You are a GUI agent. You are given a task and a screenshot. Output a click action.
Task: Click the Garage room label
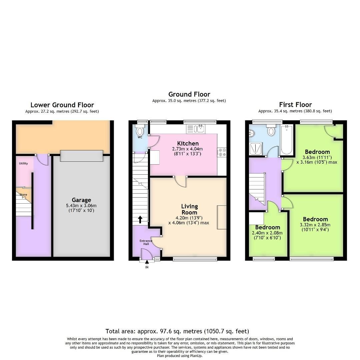(81, 200)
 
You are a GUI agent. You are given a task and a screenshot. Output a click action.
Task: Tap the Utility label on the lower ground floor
(23, 163)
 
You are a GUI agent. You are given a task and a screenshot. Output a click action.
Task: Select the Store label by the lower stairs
(23, 195)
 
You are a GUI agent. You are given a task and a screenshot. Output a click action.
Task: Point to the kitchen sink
(201, 129)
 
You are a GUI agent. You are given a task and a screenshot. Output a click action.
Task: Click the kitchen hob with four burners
(222, 152)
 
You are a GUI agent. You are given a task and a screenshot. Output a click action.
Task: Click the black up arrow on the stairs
(140, 219)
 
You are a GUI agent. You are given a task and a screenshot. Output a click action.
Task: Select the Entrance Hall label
(146, 242)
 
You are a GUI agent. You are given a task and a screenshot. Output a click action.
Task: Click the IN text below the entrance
(147, 267)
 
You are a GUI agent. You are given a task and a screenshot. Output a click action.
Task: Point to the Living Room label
(189, 209)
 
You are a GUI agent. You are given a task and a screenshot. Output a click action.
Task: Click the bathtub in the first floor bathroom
(286, 140)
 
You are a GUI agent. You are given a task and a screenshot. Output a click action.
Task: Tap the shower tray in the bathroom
(256, 148)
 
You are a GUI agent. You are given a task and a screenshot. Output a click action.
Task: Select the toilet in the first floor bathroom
(271, 131)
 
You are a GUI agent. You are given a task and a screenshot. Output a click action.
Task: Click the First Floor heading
(295, 104)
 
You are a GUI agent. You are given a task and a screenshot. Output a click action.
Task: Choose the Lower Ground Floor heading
(62, 105)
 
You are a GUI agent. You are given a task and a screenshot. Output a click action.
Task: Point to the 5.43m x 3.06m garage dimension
(81, 206)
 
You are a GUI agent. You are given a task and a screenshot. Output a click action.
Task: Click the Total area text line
(177, 331)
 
